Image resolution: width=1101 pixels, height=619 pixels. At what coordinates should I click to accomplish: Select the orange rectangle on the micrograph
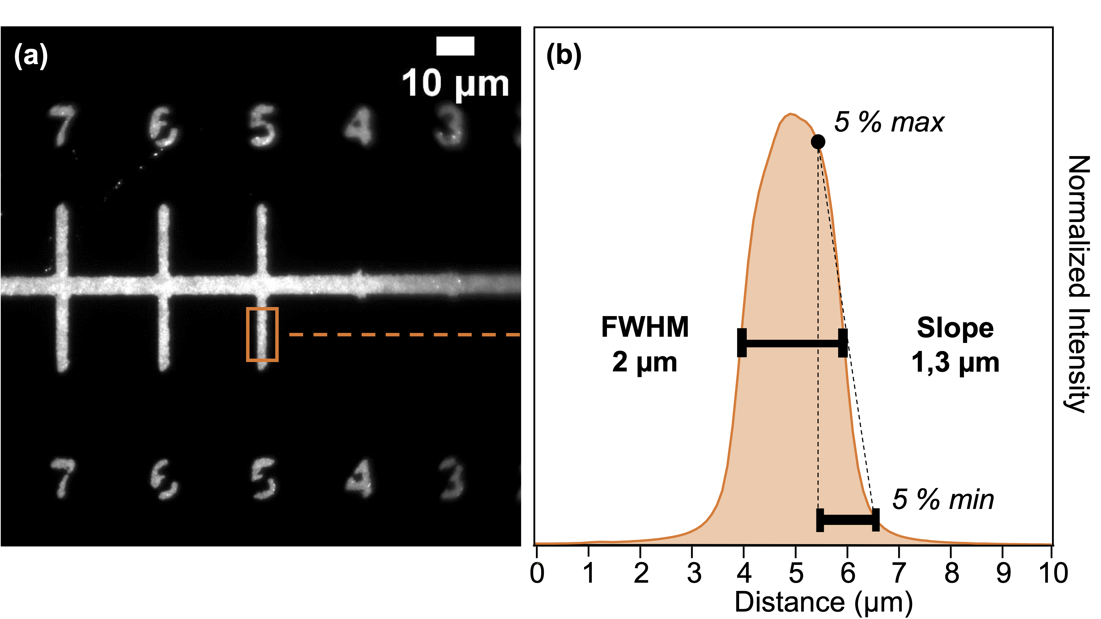tap(262, 335)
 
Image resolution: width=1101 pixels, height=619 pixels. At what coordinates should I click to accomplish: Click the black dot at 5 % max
tap(817, 141)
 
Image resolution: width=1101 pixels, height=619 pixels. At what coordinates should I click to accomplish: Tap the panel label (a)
tap(31, 56)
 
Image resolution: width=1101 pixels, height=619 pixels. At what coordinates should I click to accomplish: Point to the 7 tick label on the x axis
tap(899, 573)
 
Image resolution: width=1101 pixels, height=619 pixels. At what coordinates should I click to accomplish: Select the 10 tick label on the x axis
tap(1052, 573)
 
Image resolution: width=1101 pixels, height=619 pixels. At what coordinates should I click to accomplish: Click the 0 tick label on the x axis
tap(537, 573)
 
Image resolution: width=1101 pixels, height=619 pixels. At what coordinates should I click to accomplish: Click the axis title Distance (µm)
tap(823, 602)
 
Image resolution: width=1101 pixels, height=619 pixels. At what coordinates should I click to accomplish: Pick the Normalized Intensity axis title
tap(1078, 284)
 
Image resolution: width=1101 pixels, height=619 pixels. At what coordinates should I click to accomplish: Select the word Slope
tap(955, 328)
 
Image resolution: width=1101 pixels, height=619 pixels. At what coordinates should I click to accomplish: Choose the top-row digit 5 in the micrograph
tap(262, 126)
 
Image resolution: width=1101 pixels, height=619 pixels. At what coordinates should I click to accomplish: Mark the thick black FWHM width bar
tap(792, 343)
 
